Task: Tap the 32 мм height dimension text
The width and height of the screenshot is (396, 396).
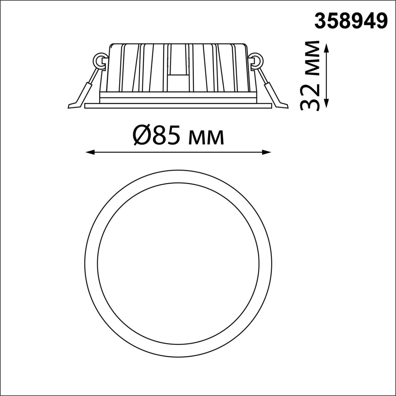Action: tap(310, 75)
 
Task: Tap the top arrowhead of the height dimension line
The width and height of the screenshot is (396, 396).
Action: tap(327, 47)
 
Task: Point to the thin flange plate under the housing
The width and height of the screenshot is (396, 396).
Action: tap(178, 106)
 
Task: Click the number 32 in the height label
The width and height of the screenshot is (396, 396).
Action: tap(310, 96)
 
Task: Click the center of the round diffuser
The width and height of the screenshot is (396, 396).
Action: tap(178, 263)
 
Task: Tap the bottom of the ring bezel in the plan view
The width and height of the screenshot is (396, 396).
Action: tap(178, 350)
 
